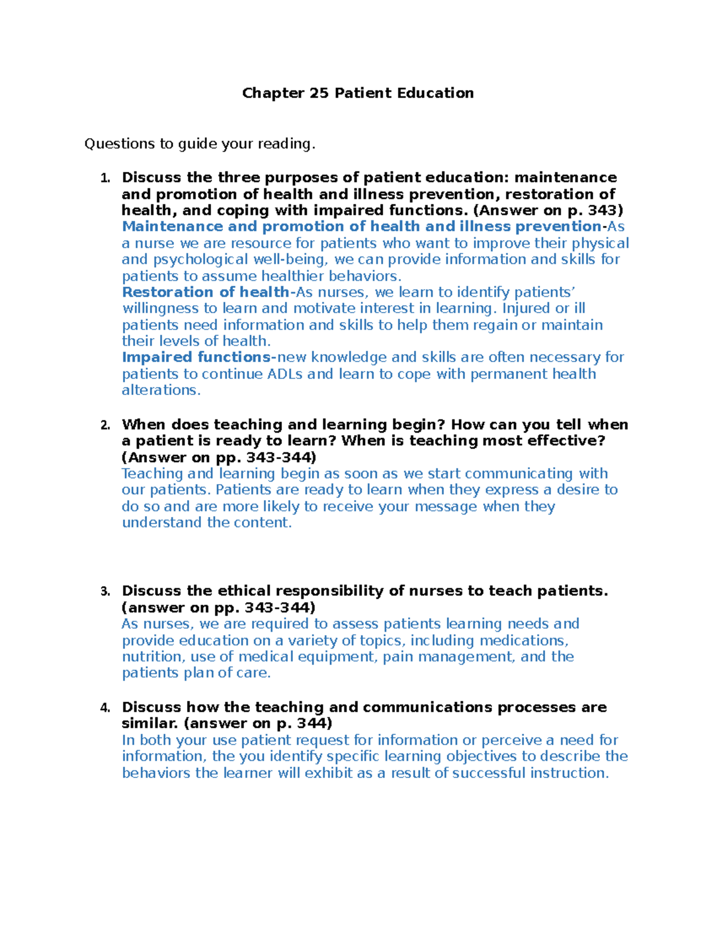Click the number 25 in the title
318,93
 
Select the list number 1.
105,178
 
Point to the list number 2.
105,425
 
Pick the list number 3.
105,592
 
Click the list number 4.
105,708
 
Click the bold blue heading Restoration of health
206,292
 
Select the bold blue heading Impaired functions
197,357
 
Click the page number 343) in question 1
605,210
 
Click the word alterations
161,390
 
